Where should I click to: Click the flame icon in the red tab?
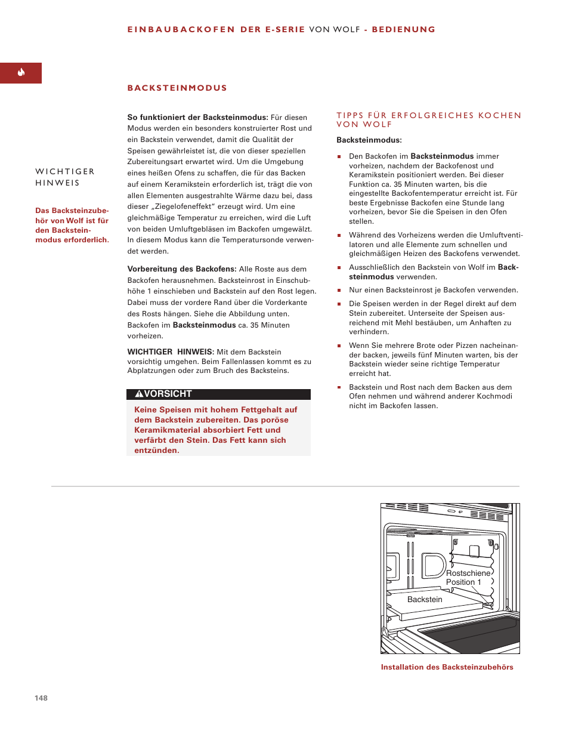point(21,73)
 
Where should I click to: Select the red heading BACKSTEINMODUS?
point(177,88)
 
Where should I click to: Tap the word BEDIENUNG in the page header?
point(403,29)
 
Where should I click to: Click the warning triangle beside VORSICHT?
point(139,394)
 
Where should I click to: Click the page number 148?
point(41,698)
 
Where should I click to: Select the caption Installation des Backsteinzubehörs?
point(447,667)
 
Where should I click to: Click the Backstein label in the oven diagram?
point(425,599)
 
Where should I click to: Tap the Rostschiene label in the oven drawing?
point(468,573)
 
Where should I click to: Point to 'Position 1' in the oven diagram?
point(463,582)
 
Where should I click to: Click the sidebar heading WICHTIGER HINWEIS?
point(64,177)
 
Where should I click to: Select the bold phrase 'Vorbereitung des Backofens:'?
point(182,269)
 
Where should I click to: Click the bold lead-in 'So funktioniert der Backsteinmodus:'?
point(197,118)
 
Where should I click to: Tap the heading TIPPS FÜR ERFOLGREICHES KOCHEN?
point(428,116)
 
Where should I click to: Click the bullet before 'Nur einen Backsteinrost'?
point(339,291)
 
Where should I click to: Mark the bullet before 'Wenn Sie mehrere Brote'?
point(339,346)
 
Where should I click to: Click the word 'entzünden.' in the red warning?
point(156,451)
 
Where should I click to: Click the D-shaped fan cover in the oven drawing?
point(434,566)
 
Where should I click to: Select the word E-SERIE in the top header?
point(285,29)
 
